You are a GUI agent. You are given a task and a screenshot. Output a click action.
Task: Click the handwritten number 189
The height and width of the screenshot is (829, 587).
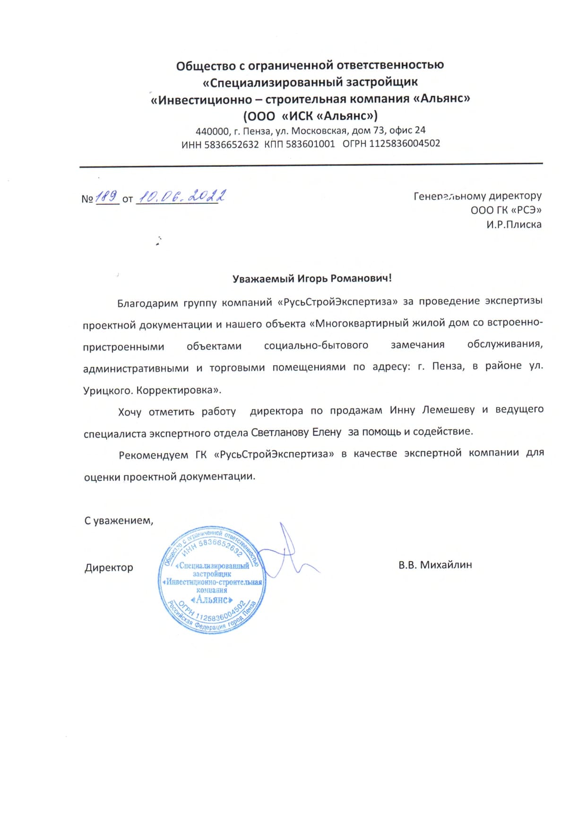pyautogui.click(x=107, y=197)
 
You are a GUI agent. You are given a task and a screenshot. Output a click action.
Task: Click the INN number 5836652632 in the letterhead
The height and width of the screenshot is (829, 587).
pyautogui.click(x=232, y=144)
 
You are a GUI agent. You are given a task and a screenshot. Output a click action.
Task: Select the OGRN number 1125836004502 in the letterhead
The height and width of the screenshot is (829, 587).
pyautogui.click(x=405, y=143)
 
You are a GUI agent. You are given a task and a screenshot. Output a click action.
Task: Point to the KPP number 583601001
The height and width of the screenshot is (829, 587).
pyautogui.click(x=310, y=144)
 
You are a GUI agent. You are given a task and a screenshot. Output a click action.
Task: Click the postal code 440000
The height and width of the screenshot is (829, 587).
pyautogui.click(x=212, y=131)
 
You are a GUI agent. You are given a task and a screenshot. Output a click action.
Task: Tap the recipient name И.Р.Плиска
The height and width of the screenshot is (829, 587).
pyautogui.click(x=514, y=225)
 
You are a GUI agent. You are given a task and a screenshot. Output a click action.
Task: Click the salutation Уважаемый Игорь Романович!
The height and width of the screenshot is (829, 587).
pyautogui.click(x=312, y=278)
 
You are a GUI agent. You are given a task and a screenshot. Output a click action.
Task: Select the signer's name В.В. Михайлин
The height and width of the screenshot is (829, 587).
pyautogui.click(x=435, y=565)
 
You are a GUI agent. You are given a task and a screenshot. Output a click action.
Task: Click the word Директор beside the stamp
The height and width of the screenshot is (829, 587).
pyautogui.click(x=109, y=568)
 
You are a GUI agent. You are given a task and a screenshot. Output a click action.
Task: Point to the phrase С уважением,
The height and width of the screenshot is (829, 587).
pyautogui.click(x=119, y=521)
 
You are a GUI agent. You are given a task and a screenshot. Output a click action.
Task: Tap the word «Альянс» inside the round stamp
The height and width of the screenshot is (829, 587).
pyautogui.click(x=212, y=600)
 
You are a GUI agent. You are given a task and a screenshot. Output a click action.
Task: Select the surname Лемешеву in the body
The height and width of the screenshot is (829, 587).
pyautogui.click(x=448, y=410)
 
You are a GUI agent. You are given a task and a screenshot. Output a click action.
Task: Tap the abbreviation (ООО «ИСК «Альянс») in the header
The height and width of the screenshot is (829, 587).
pyautogui.click(x=310, y=116)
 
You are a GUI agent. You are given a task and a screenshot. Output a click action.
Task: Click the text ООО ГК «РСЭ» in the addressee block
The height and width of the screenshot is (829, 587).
pyautogui.click(x=506, y=210)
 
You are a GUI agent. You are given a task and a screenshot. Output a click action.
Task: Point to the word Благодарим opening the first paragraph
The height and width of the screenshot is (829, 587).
pyautogui.click(x=148, y=303)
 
